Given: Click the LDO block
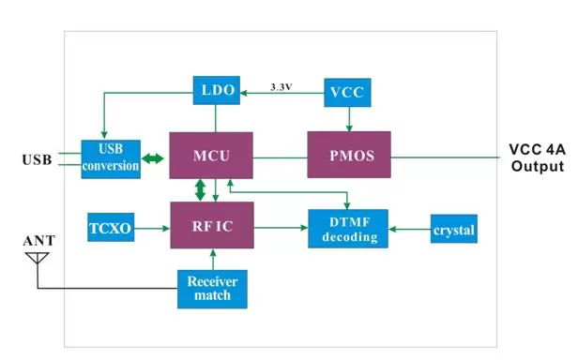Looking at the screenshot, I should [x=216, y=91].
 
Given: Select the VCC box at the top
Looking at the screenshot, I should [x=350, y=91].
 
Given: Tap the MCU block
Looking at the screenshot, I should [x=211, y=155].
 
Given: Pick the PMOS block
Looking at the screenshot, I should [x=349, y=155].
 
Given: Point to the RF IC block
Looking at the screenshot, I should [x=211, y=225].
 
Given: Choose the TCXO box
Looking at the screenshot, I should [x=113, y=228].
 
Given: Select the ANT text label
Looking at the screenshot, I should [x=38, y=241].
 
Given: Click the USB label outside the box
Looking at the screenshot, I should [x=37, y=159].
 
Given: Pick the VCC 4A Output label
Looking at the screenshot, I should [x=535, y=157].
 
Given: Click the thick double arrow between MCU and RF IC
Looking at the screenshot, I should [x=199, y=190].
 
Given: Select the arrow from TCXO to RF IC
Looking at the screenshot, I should [x=154, y=228].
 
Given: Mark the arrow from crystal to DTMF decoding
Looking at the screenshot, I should [x=409, y=229].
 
